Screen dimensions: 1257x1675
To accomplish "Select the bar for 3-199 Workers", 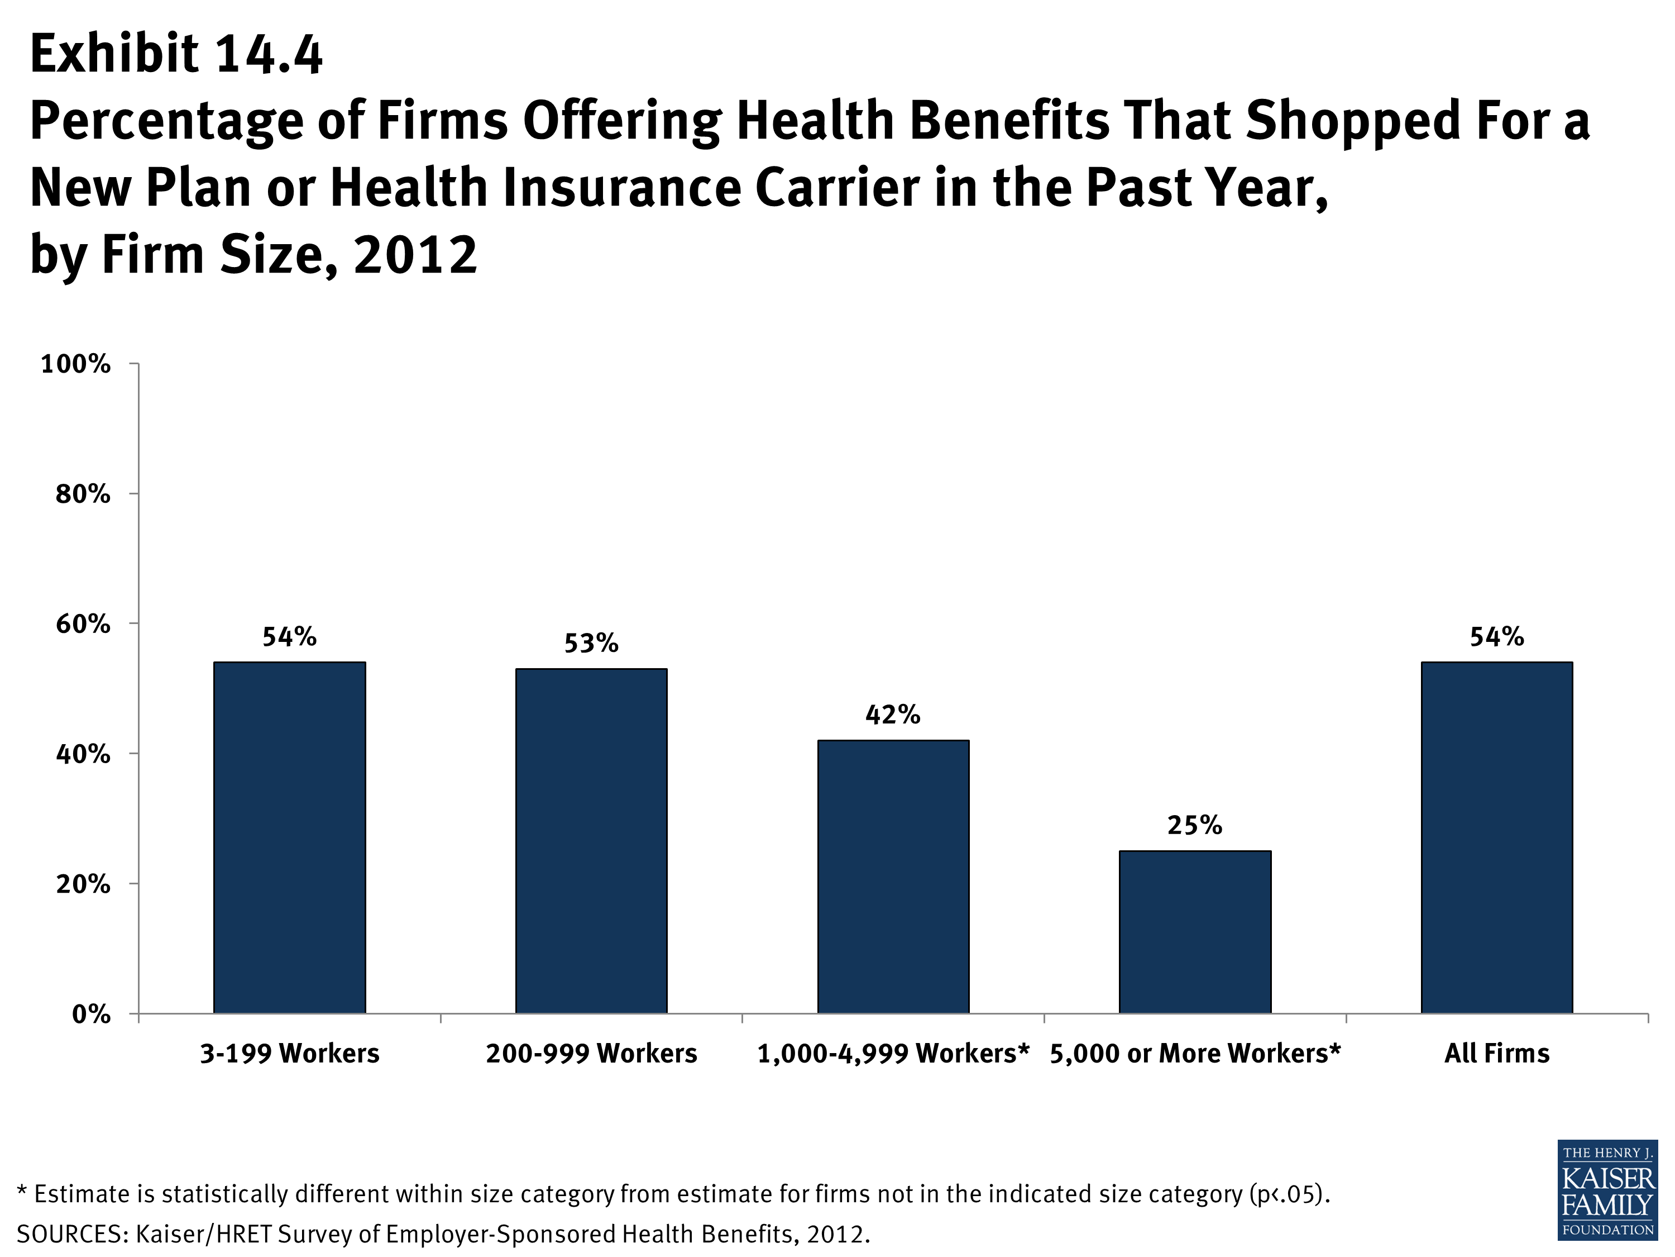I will [289, 837].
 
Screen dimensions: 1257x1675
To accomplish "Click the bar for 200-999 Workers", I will [591, 841].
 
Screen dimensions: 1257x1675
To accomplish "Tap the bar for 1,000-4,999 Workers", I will [893, 877].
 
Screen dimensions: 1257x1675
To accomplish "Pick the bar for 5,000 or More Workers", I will [1195, 932].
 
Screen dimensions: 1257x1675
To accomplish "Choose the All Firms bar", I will [1496, 837].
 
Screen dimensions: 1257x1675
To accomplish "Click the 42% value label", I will [893, 715].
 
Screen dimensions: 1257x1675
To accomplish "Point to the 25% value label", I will [1195, 825].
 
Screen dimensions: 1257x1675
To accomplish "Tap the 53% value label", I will [591, 643].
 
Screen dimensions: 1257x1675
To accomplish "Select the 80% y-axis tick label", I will [83, 495].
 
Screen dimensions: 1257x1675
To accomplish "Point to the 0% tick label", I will [91, 1015].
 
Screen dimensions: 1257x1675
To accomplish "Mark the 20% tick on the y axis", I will [83, 884].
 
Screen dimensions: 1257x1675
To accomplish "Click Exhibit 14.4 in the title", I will [176, 55].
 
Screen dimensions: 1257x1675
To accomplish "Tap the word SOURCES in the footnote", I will [71, 1234].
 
